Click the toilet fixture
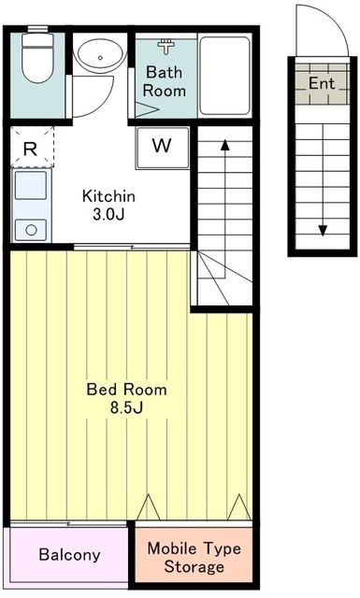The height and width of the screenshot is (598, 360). [x=37, y=56]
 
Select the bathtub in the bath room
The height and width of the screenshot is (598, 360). [x=224, y=76]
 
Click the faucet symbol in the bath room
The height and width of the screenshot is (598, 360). [x=166, y=46]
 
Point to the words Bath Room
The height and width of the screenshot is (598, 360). [x=165, y=81]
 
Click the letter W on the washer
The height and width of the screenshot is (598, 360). [x=162, y=145]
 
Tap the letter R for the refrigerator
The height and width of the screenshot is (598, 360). [x=31, y=149]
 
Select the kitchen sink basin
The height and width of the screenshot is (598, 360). [x=31, y=185]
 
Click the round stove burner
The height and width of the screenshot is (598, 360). [x=31, y=230]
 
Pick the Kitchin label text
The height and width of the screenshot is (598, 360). [x=108, y=196]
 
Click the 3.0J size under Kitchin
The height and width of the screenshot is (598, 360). [x=108, y=215]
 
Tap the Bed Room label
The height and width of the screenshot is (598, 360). [x=127, y=390]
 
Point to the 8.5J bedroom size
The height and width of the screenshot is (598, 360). [x=127, y=408]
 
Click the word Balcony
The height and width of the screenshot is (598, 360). [x=70, y=555]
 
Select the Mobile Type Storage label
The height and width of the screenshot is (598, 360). [x=194, y=558]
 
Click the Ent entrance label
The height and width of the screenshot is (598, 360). [x=322, y=83]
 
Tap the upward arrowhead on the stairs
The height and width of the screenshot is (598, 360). [x=224, y=145]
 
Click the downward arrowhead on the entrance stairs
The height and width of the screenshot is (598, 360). [x=323, y=231]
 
